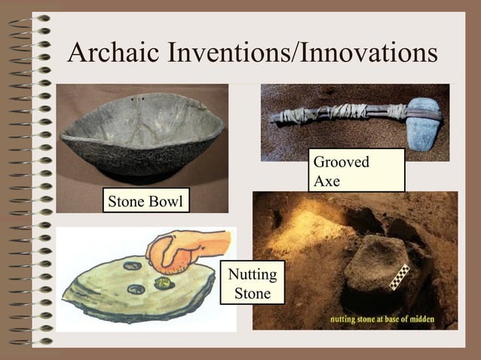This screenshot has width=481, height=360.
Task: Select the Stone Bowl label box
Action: (x=146, y=202)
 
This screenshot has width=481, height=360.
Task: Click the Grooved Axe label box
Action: (x=356, y=171)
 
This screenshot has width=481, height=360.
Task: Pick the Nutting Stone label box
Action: (x=253, y=283)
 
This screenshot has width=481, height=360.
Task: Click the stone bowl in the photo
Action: (x=142, y=136)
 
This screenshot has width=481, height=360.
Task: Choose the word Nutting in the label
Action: (x=253, y=274)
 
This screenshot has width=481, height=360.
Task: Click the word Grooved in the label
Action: (x=341, y=162)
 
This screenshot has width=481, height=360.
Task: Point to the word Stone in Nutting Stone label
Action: (x=253, y=293)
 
